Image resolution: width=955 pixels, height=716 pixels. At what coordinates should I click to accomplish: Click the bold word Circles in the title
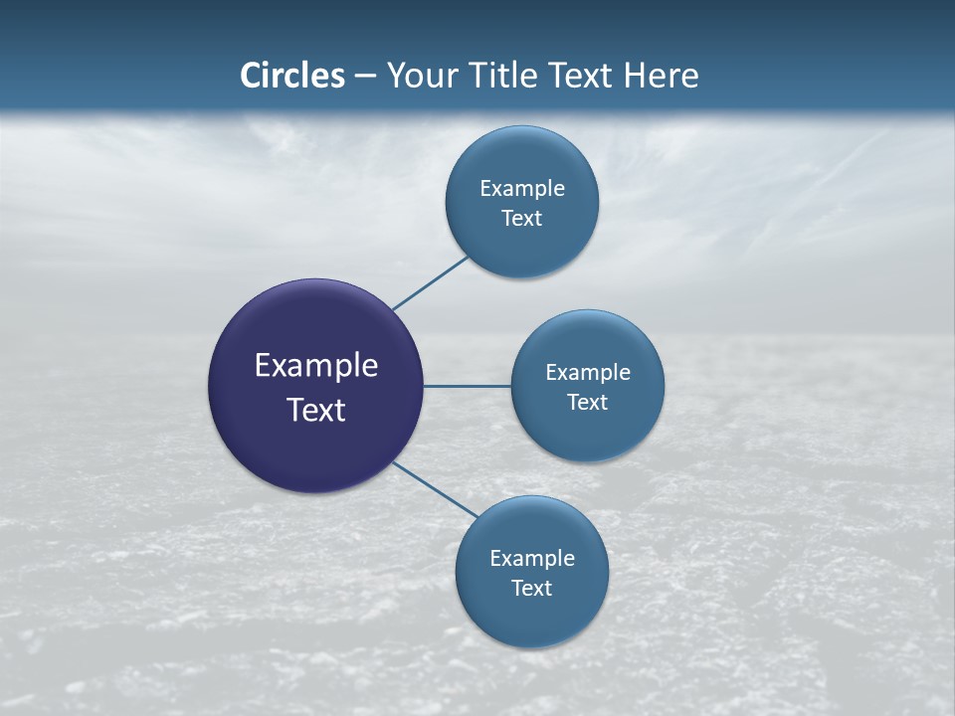pyautogui.click(x=291, y=76)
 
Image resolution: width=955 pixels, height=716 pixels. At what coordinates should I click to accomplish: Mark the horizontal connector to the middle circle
pyautogui.click(x=467, y=386)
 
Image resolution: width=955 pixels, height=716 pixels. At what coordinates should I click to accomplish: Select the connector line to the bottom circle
pyautogui.click(x=436, y=489)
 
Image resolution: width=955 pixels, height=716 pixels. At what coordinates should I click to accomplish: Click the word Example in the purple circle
pyautogui.click(x=316, y=365)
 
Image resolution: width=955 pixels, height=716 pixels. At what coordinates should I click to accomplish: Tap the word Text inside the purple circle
pyautogui.click(x=316, y=409)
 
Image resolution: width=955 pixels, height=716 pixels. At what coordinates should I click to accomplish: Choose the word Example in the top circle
pyautogui.click(x=522, y=188)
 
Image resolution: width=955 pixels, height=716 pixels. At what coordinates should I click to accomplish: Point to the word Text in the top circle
pyautogui.click(x=521, y=218)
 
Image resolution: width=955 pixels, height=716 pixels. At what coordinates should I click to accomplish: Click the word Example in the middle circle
pyautogui.click(x=588, y=372)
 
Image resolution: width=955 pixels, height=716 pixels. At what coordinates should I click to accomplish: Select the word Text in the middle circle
pyautogui.click(x=587, y=402)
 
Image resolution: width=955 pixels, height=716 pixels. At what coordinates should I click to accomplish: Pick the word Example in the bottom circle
pyautogui.click(x=532, y=558)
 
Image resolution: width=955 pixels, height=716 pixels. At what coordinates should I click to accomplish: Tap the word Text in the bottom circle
pyautogui.click(x=531, y=588)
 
